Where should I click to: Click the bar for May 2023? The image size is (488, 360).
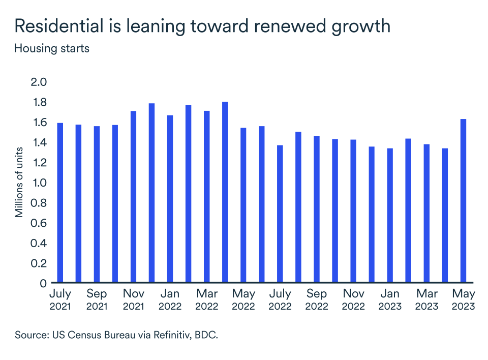464,201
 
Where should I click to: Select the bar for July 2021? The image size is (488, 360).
60,203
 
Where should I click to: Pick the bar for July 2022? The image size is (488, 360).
280,214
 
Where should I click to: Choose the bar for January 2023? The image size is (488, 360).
390,216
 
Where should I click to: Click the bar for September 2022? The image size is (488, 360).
316,209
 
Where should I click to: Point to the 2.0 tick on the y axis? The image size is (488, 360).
39,82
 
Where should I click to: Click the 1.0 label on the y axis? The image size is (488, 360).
39,183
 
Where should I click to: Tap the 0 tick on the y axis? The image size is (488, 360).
44,283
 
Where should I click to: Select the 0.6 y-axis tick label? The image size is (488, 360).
39,223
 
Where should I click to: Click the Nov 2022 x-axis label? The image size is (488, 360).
353,299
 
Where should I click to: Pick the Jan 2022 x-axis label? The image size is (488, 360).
170,299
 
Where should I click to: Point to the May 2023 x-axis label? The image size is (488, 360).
463,299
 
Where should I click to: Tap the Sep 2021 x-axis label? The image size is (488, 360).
97,299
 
